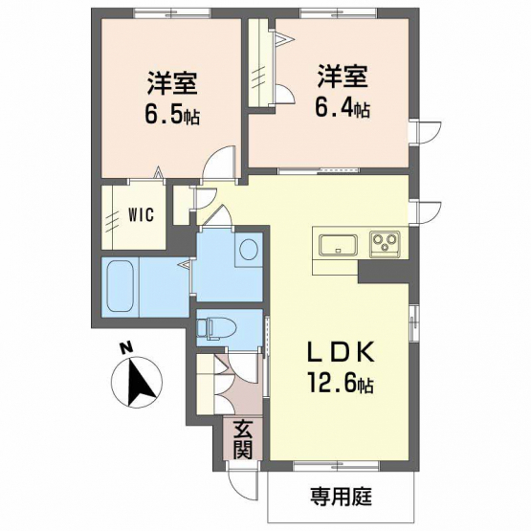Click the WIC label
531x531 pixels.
coord(142,214)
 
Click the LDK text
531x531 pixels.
coord(341,353)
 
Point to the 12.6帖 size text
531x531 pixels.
coord(341,383)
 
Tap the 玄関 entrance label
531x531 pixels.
coord(243,440)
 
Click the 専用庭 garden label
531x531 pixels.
coord(341,497)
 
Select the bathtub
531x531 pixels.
coord(120,287)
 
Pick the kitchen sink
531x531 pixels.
coord(339,246)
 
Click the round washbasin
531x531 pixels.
coord(250,250)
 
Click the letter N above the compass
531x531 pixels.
coord(126,349)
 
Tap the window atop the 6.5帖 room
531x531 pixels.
coord(171,12)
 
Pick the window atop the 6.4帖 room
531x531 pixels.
coord(339,12)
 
